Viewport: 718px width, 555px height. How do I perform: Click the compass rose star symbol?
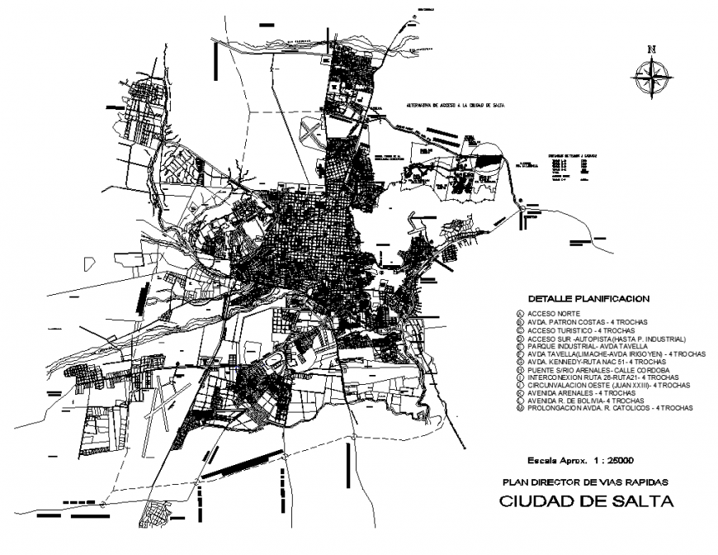click(653, 78)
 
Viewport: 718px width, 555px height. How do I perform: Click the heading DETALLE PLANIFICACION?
click(588, 297)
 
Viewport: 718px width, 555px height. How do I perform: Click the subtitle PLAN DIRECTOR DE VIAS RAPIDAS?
click(585, 481)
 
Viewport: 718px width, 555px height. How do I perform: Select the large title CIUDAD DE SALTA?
click(586, 502)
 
